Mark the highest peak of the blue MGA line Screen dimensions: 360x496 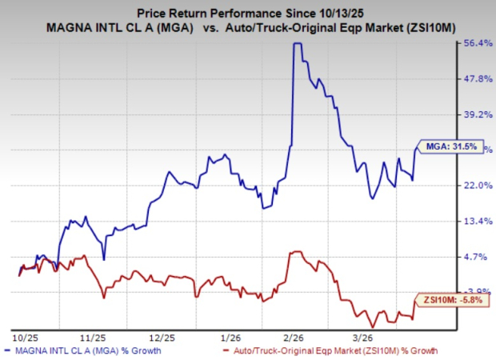296,44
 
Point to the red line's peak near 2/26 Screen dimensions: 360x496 297,251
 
